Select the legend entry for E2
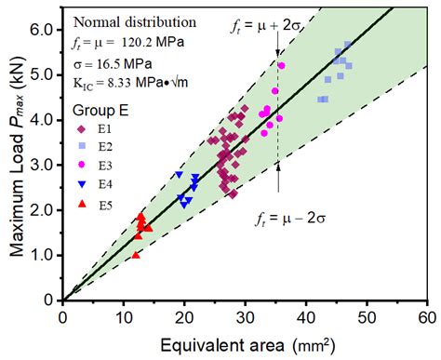point(106,147)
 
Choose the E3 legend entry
point(106,166)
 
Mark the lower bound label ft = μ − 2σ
point(292,220)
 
